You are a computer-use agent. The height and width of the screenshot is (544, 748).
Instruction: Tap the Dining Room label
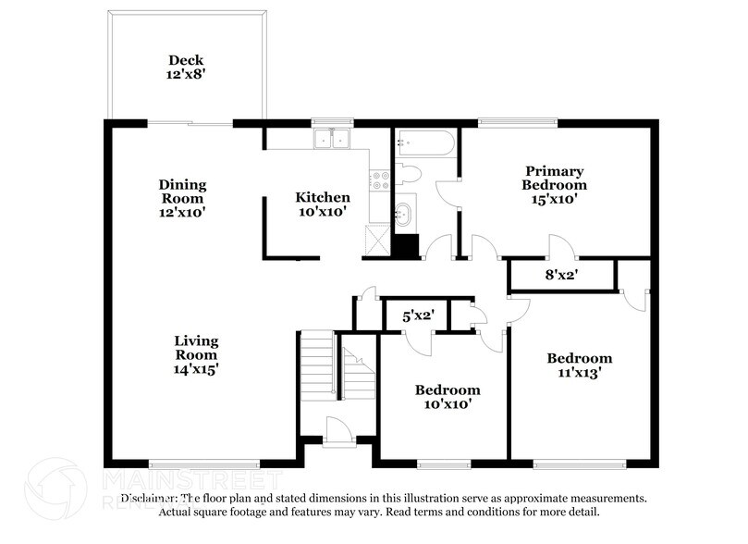click(x=183, y=198)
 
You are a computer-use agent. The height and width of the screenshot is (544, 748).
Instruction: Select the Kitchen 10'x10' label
click(x=322, y=204)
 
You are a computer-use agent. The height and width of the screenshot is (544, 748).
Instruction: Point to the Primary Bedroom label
click(x=555, y=184)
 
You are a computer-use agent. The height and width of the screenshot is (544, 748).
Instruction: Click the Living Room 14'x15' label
click(x=196, y=354)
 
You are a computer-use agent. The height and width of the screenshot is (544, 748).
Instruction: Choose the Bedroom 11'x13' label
click(x=579, y=365)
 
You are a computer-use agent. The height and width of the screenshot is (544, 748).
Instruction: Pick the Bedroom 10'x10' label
click(x=447, y=396)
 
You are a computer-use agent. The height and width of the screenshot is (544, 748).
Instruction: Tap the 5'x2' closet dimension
click(x=417, y=315)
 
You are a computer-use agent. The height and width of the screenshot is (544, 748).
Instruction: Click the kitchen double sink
click(x=331, y=140)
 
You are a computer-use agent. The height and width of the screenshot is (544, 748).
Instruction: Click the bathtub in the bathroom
click(x=424, y=142)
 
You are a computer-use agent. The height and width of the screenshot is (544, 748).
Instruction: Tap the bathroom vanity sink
click(x=404, y=213)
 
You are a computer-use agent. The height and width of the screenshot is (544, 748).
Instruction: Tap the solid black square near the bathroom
click(x=406, y=246)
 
